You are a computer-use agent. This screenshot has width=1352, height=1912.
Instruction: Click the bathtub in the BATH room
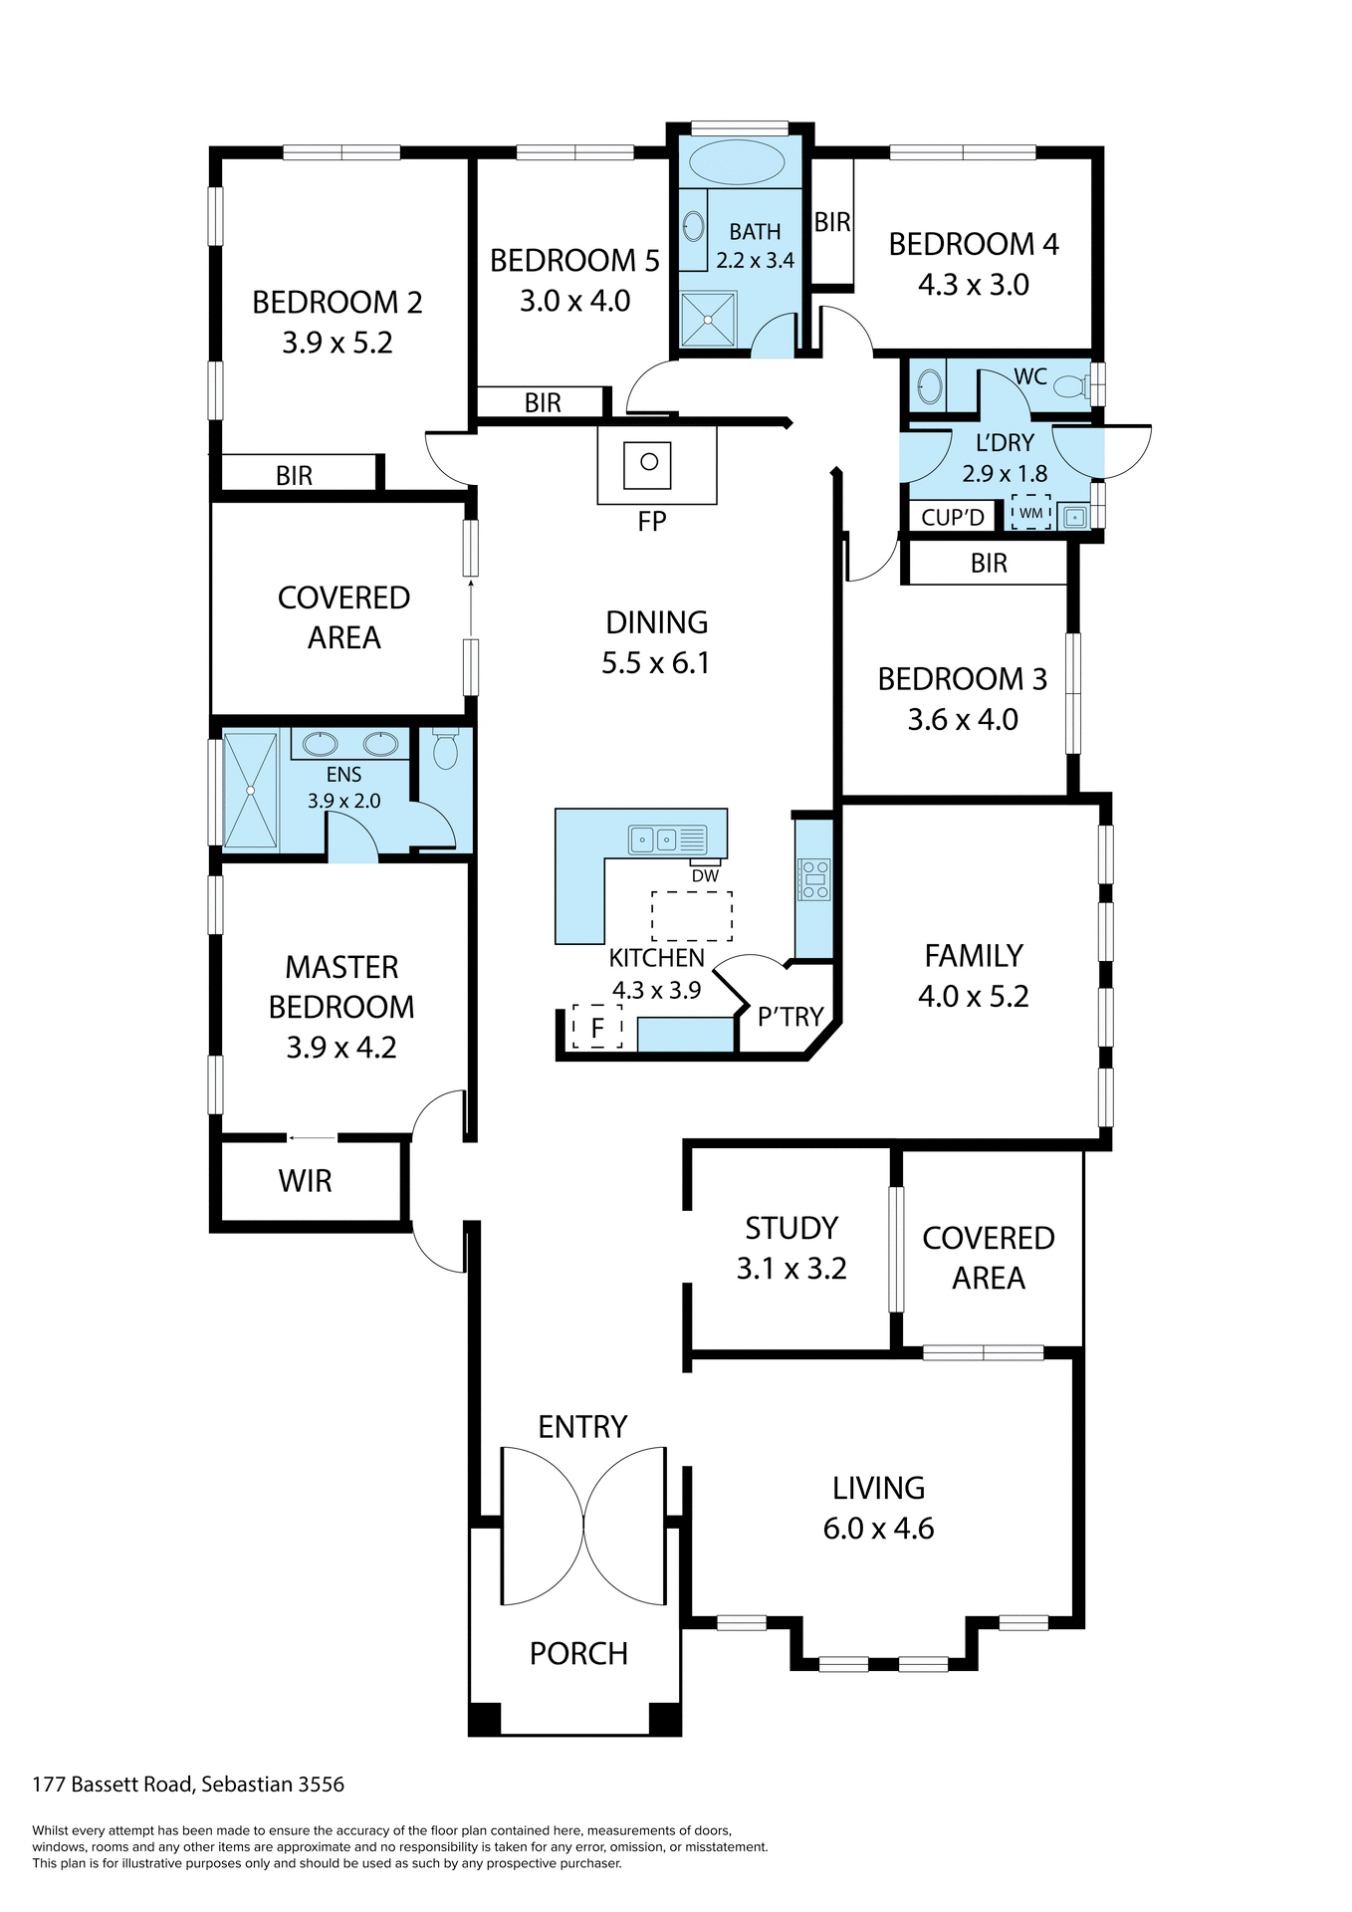pos(738,162)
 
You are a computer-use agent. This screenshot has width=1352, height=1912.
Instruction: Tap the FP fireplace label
pos(652,522)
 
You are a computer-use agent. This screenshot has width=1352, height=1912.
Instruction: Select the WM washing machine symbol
pos(1031,513)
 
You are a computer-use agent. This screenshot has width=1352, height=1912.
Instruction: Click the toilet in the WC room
pos(1070,386)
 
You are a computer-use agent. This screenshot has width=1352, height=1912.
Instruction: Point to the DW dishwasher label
pos(705,876)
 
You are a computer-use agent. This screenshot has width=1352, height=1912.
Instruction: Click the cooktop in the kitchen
pos(813,879)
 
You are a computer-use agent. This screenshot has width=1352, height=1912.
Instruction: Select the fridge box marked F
pos(597,1027)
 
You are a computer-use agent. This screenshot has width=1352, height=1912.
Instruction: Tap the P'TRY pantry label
pos(790,1017)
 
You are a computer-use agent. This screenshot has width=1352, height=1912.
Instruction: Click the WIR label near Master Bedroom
pos(305,1181)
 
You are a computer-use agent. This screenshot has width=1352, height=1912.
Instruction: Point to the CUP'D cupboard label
pos(953,518)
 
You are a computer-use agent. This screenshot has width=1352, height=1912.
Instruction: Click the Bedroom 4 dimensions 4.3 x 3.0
pos(973,285)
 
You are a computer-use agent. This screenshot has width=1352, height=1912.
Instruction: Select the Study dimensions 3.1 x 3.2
pos(791,1269)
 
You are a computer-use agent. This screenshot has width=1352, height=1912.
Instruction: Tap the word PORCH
pos(578,1654)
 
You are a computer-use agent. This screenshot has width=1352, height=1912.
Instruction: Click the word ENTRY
pos(582,1427)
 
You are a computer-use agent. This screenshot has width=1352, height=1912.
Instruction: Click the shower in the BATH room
pos(708,320)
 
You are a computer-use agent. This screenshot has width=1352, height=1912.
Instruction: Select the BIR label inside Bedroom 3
pos(989,564)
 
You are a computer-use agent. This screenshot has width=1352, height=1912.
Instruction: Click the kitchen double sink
pos(653,840)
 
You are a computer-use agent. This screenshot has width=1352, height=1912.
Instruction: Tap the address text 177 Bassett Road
pos(114,1785)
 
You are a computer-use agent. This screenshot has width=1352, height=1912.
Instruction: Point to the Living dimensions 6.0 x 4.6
pos(878,1529)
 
